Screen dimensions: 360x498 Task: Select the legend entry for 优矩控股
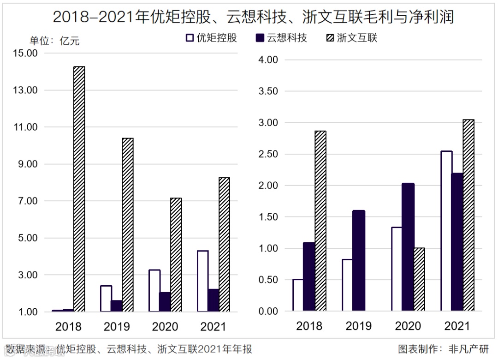211,38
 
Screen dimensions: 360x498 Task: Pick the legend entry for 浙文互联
351,38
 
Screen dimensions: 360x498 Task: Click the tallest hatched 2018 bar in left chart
79,189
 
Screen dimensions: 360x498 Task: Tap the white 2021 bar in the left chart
203,281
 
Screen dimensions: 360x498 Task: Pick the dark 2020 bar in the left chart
165,302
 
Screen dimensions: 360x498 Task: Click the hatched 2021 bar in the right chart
468,215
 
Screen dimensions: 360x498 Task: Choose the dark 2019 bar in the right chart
358,261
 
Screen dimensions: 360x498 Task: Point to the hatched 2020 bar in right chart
419,279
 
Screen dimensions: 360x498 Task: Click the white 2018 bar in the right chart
298,295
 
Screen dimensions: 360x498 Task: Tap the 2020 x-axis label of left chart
165,327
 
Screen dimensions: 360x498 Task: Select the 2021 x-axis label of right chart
457,326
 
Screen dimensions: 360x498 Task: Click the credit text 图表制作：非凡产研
443,348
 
